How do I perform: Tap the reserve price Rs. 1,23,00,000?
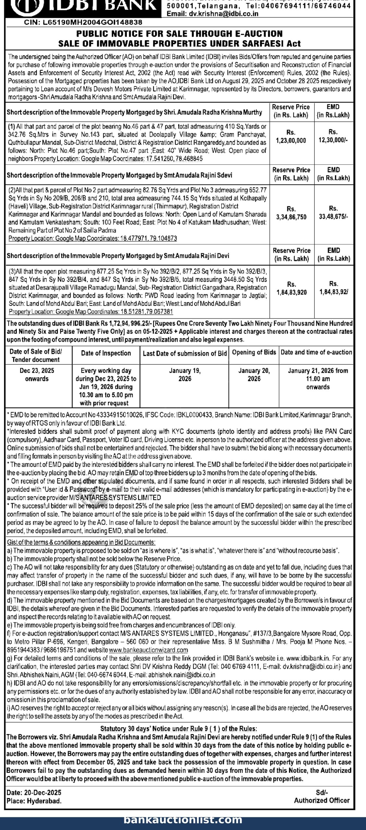(291, 140)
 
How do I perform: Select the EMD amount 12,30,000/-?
(333, 140)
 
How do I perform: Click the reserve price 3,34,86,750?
(291, 217)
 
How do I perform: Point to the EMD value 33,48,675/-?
(333, 217)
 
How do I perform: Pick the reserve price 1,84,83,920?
(291, 292)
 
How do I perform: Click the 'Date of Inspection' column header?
(106, 353)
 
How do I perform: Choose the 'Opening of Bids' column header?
(254, 352)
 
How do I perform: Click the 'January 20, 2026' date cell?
(254, 374)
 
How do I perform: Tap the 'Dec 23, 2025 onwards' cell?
(37, 374)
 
